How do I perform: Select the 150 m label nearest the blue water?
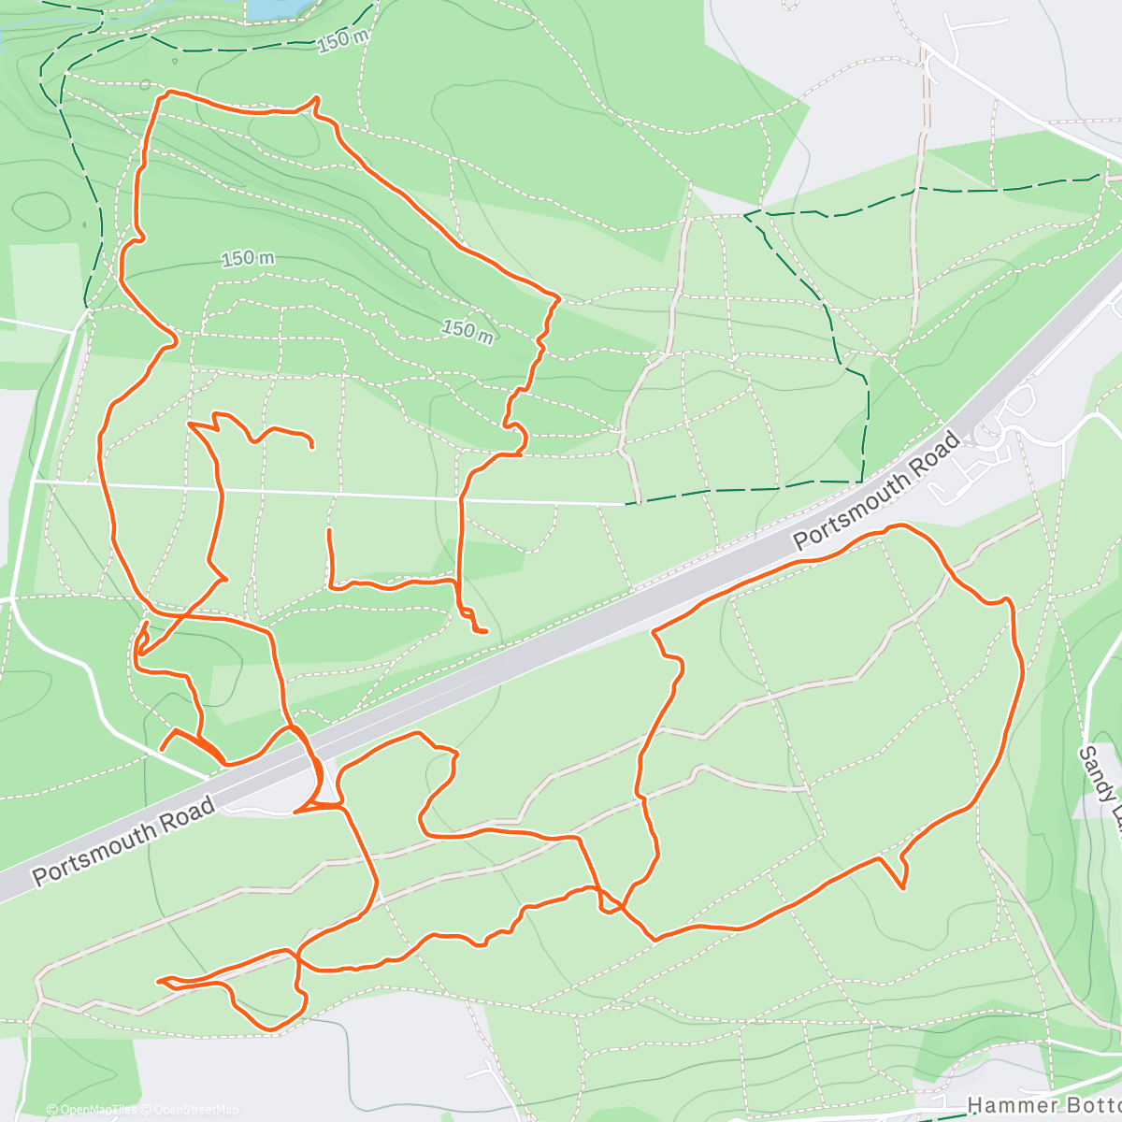(342, 40)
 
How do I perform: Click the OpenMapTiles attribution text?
(92, 1110)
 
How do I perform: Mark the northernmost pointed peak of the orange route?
(317, 97)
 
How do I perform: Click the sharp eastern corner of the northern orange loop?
(558, 298)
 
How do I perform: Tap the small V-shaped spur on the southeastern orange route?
(902, 886)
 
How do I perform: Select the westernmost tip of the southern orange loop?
(160, 980)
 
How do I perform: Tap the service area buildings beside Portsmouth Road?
(982, 458)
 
